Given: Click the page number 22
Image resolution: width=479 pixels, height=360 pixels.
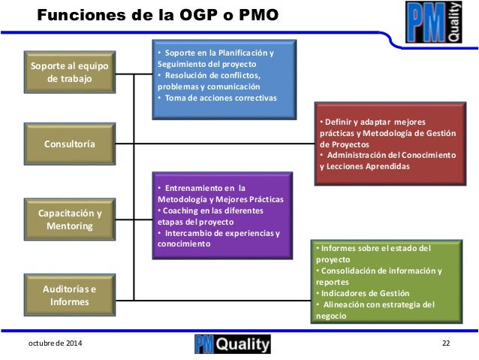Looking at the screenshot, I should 446,344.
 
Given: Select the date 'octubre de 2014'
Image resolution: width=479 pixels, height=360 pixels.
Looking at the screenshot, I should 56,344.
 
